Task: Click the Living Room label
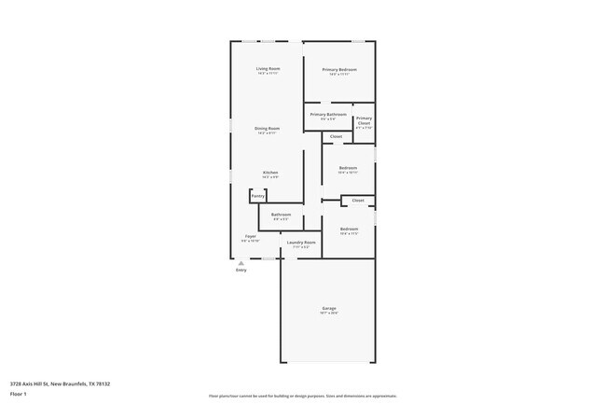(x=269, y=70)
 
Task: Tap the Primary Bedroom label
(x=339, y=70)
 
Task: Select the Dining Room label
(x=269, y=129)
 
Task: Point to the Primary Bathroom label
(x=328, y=115)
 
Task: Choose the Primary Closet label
(x=364, y=120)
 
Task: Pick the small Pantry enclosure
(x=257, y=196)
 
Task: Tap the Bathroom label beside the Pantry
(x=281, y=215)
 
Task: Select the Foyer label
(x=251, y=237)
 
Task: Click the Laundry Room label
(x=301, y=243)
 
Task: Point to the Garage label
(x=329, y=309)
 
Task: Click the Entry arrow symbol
(x=241, y=263)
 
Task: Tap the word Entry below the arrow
(x=241, y=271)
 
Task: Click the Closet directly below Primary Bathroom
(x=336, y=137)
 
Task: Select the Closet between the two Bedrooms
(x=358, y=201)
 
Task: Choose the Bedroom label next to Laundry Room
(x=349, y=230)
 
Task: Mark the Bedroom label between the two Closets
(x=348, y=169)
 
